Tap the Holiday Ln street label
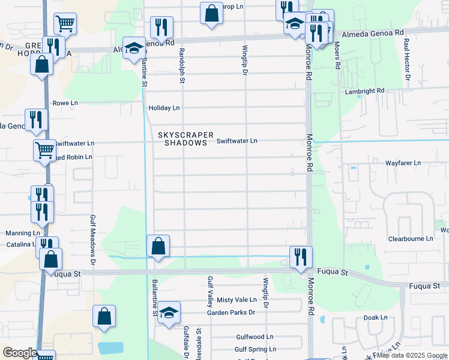pyautogui.click(x=164, y=108)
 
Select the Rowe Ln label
pyautogui.click(x=65, y=103)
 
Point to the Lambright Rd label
pyautogui.click(x=364, y=91)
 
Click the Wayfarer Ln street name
pyautogui.click(x=403, y=163)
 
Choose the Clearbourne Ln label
pyautogui.click(x=411, y=238)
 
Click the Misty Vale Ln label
pyautogui.click(x=237, y=300)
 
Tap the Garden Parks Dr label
pyautogui.click(x=231, y=313)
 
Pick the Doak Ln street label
pyautogui.click(x=375, y=317)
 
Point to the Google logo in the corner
pyautogui.click(x=19, y=353)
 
